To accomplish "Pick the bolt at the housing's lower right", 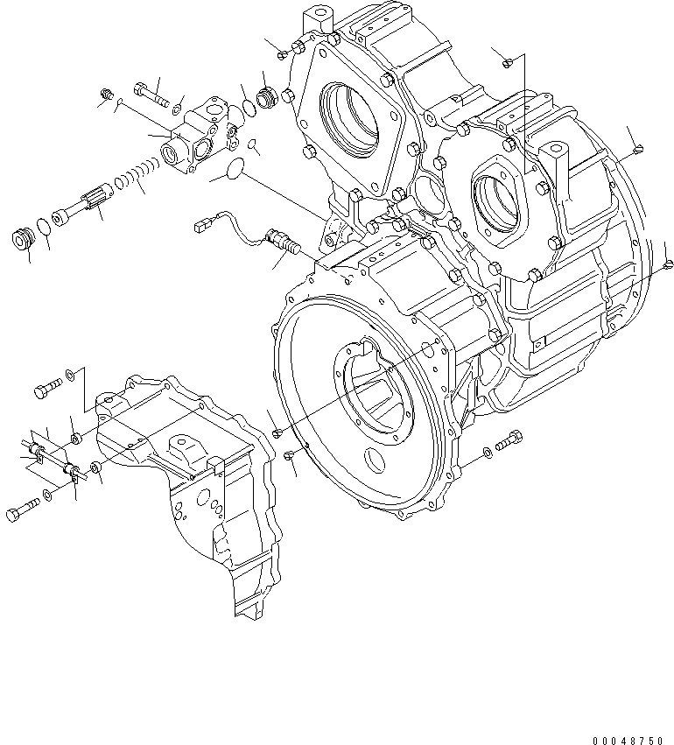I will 509,442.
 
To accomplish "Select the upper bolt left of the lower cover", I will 48,388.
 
